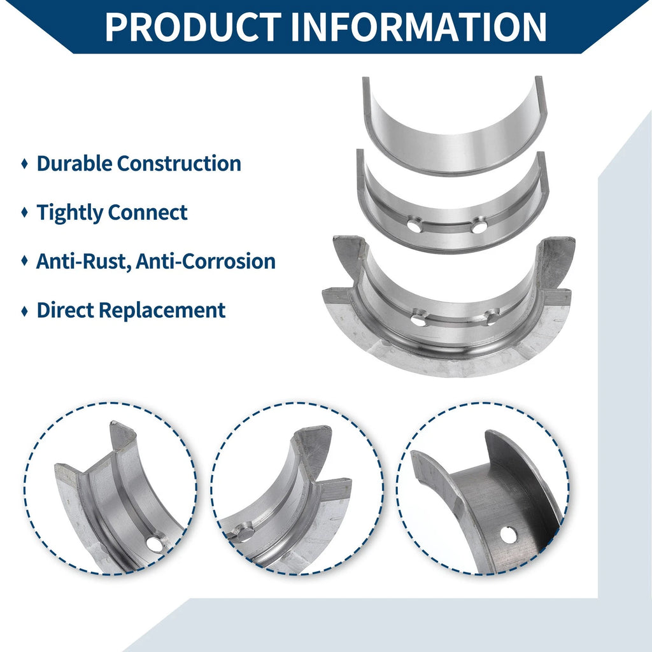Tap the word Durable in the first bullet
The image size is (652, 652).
tap(74, 163)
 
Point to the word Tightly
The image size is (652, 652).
tap(70, 213)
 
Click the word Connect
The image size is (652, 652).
tap(148, 213)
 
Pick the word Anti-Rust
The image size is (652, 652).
tap(83, 261)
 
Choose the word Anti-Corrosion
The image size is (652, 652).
tap(206, 261)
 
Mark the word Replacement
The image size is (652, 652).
tap(162, 311)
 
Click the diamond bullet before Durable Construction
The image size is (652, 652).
tap(25, 164)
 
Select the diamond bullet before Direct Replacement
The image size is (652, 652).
tap(25, 311)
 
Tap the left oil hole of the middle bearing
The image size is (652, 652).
tap(415, 226)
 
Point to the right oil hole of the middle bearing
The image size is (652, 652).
tap(479, 227)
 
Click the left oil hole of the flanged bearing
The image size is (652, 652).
tap(418, 320)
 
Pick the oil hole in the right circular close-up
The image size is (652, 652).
tap(509, 535)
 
